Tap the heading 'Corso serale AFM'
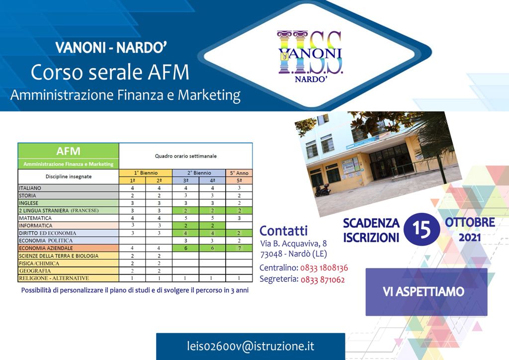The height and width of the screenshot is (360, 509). pos(110,72)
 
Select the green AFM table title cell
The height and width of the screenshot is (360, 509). pos(69,156)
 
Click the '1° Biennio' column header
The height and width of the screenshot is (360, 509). pos(146,173)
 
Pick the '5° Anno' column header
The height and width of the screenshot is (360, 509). pos(239,173)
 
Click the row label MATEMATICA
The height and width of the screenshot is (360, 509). pos(35,218)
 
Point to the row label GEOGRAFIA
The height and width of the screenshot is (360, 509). pos(35,270)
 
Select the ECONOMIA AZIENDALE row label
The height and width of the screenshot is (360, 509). pos(46,248)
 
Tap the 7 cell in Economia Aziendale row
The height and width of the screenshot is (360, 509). pos(239,248)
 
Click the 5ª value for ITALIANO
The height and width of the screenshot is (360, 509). pos(239,188)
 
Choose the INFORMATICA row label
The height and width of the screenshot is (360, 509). pos(35,226)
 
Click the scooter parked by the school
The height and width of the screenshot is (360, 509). pos(323,190)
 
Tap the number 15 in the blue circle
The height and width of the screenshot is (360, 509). pos(422,229)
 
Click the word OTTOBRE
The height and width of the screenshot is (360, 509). pos(470,222)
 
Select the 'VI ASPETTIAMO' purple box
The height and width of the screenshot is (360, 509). pos(426,292)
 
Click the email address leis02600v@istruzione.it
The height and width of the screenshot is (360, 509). pos(251,346)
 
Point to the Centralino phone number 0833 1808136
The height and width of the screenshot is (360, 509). pos(324,268)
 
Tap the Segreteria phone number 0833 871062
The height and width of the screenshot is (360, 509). pos(323,279)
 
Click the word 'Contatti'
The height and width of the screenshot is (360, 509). pos(283,231)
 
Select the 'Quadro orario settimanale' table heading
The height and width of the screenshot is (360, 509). pos(186,156)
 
